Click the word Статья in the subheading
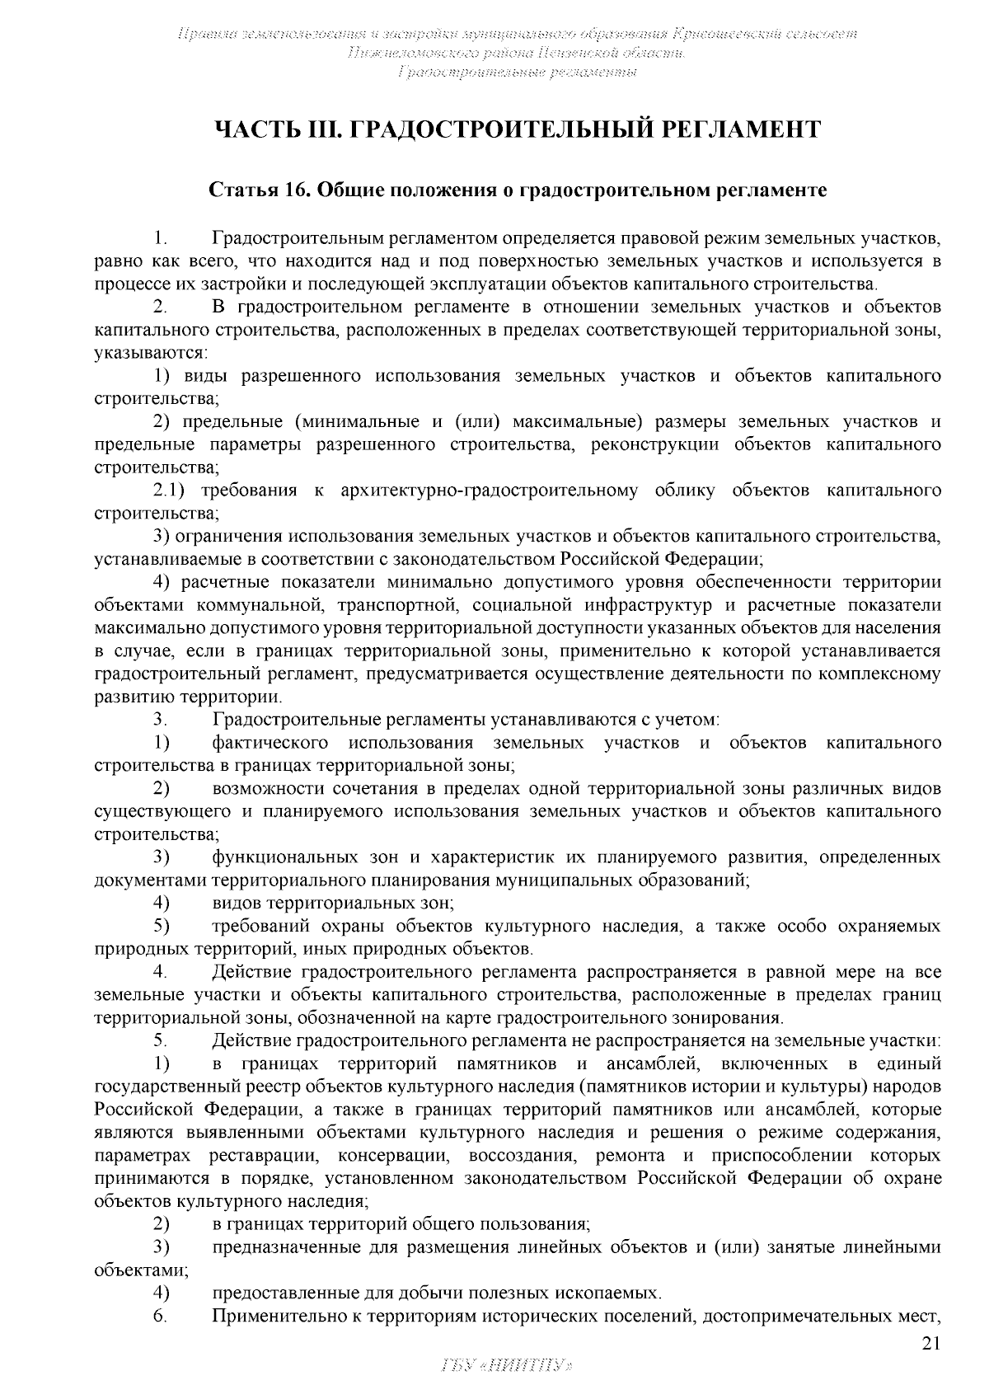click(243, 190)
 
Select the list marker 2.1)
click(170, 491)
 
